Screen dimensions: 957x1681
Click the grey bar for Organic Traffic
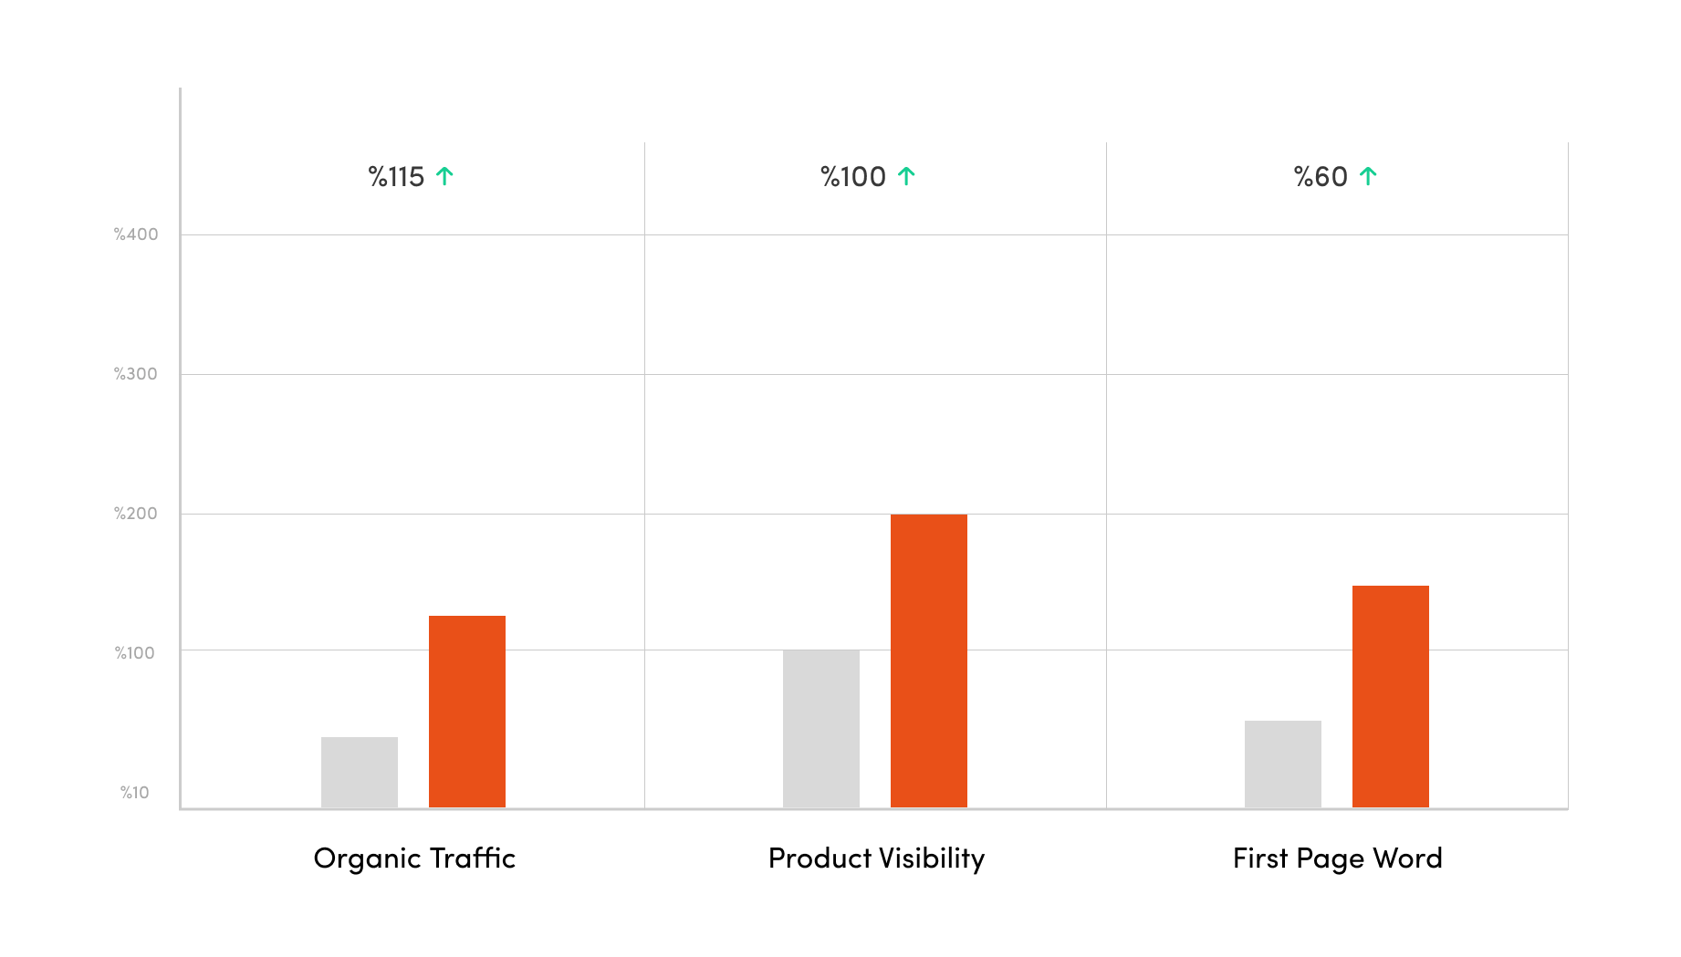click(x=360, y=772)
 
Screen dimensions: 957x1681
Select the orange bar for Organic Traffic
click(x=467, y=712)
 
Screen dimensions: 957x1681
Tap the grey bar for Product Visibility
click(x=821, y=728)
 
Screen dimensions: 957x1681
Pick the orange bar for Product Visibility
click(x=929, y=661)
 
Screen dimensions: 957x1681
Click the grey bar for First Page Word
click(x=1283, y=764)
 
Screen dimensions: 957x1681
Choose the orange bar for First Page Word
click(x=1391, y=696)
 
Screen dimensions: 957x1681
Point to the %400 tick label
click(x=136, y=234)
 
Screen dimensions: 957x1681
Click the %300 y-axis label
click(x=136, y=374)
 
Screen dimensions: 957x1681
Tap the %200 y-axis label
click(x=136, y=514)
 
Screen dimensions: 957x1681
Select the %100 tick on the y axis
click(x=135, y=653)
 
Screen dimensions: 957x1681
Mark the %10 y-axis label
click(x=135, y=793)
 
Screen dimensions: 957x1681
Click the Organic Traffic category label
click(x=414, y=858)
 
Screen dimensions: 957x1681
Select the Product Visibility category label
click(x=876, y=858)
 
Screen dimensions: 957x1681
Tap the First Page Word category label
click(x=1337, y=858)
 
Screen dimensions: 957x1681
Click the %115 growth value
click(x=396, y=177)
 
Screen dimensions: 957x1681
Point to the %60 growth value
click(x=1321, y=177)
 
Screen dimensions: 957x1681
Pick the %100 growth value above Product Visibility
click(x=853, y=177)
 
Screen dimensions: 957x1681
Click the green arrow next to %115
click(x=444, y=176)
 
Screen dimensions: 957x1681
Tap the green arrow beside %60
click(x=1368, y=176)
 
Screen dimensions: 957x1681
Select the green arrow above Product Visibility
click(x=906, y=176)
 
